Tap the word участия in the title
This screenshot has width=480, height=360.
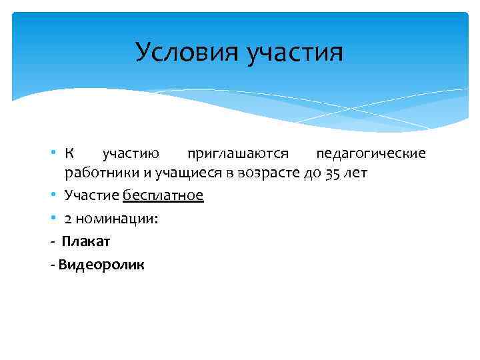(x=295, y=53)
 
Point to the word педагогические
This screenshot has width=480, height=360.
(x=370, y=155)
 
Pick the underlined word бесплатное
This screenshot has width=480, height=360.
(x=163, y=195)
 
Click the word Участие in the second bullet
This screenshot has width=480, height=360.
(x=92, y=195)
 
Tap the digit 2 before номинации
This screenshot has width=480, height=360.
(x=68, y=218)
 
